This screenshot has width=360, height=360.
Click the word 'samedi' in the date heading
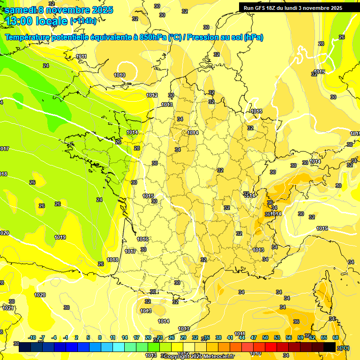(21, 10)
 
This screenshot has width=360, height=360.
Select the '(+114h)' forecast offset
(83, 21)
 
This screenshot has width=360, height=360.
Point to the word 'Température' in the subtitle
(28, 37)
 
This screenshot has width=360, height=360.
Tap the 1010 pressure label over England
(120, 75)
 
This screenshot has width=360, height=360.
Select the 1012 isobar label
(152, 95)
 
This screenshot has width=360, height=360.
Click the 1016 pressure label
(142, 239)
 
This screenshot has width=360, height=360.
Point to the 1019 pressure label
(60, 237)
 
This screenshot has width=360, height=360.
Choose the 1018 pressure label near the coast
(112, 260)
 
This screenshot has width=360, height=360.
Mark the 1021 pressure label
(7, 308)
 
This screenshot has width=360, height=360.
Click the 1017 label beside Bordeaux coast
(130, 251)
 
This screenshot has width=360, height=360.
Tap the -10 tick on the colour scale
(32, 337)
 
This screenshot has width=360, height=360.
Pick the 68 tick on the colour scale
(335, 337)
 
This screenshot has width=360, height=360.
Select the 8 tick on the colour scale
(100, 337)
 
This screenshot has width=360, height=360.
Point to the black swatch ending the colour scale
(330, 347)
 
